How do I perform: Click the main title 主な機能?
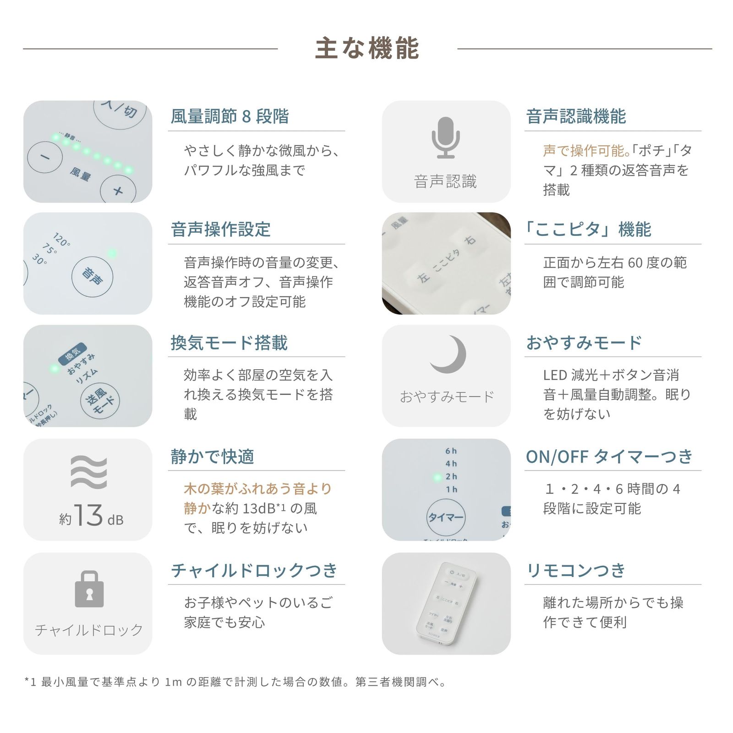coord(367,49)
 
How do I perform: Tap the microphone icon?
coord(445,137)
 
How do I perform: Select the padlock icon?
coord(89,589)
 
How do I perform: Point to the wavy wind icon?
coord(89,472)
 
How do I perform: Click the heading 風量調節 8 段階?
coord(230,116)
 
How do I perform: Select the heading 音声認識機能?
coord(576,116)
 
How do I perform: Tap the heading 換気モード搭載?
coord(229,343)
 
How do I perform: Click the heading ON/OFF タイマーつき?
coord(609,456)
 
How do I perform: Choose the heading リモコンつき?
coord(576,570)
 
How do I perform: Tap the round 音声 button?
coord(92,277)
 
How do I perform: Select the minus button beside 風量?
coord(44,157)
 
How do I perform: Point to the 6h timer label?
coord(451,451)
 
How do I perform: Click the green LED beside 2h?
coord(437,477)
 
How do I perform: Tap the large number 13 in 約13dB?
coord(88,515)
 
